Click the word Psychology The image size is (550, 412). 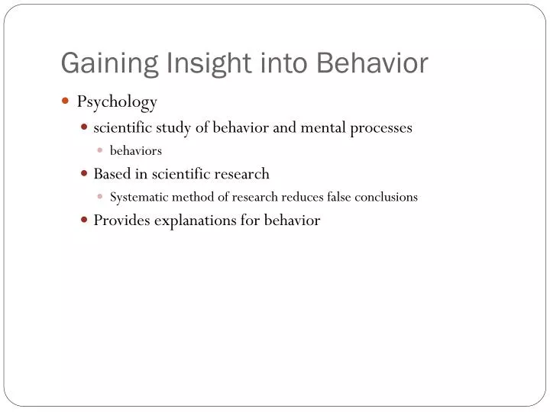(x=117, y=101)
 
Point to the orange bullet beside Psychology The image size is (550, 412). (x=66, y=101)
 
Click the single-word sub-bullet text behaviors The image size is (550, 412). (x=136, y=151)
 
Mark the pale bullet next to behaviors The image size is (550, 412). (x=100, y=150)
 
